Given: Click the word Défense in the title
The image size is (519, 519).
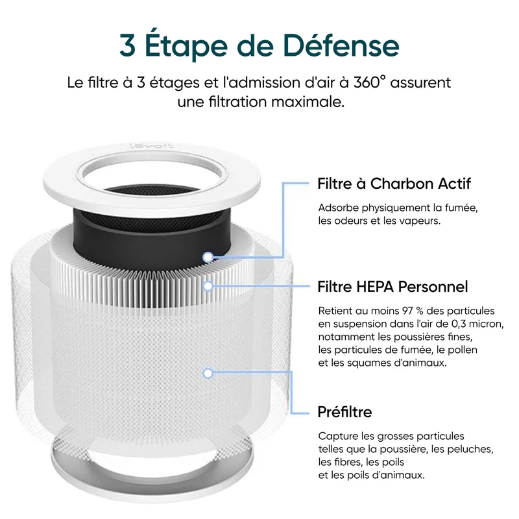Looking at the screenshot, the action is [341, 45].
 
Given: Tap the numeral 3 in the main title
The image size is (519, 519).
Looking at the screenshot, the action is [127, 46].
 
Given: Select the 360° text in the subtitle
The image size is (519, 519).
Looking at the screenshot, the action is [370, 82].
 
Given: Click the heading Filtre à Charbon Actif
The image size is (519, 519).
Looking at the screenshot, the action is [394, 184].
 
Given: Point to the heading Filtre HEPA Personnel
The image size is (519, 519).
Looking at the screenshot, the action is [392, 287].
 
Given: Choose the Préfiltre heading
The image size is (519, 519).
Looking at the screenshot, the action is [344, 412].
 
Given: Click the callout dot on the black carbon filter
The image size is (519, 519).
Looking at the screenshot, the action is [208, 257].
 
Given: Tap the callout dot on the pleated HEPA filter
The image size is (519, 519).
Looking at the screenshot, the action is [208, 286].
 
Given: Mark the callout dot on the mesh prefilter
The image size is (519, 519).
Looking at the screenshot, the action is [208, 374].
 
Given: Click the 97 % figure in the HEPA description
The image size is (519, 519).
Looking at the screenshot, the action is [413, 311].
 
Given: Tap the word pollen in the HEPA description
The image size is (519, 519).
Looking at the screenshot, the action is [463, 350].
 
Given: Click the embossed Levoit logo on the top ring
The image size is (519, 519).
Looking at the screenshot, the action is [151, 145].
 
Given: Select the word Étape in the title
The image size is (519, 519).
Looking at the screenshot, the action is [186, 45].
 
